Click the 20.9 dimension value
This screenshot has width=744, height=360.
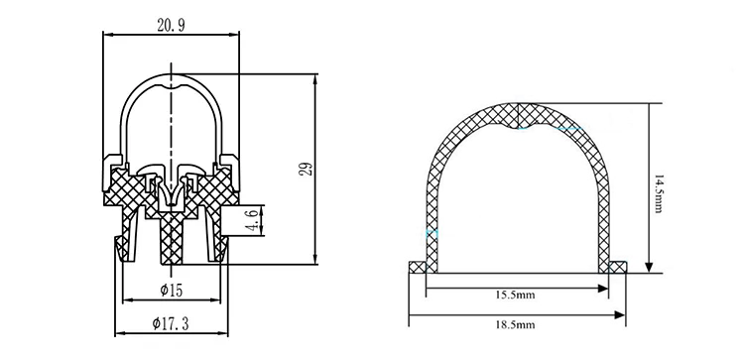tap(171, 26)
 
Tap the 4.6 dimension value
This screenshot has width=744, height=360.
tap(253, 220)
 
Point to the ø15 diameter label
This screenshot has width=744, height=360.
tap(171, 291)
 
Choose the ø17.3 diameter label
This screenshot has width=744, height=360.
tap(171, 323)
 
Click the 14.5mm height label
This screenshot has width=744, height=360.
tap(658, 193)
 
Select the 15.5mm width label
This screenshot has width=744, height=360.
tap(515, 295)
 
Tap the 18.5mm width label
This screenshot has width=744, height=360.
tap(515, 325)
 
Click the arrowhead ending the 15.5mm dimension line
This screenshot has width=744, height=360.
tap(602, 288)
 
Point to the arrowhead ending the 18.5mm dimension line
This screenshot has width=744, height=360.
tap(619, 315)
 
